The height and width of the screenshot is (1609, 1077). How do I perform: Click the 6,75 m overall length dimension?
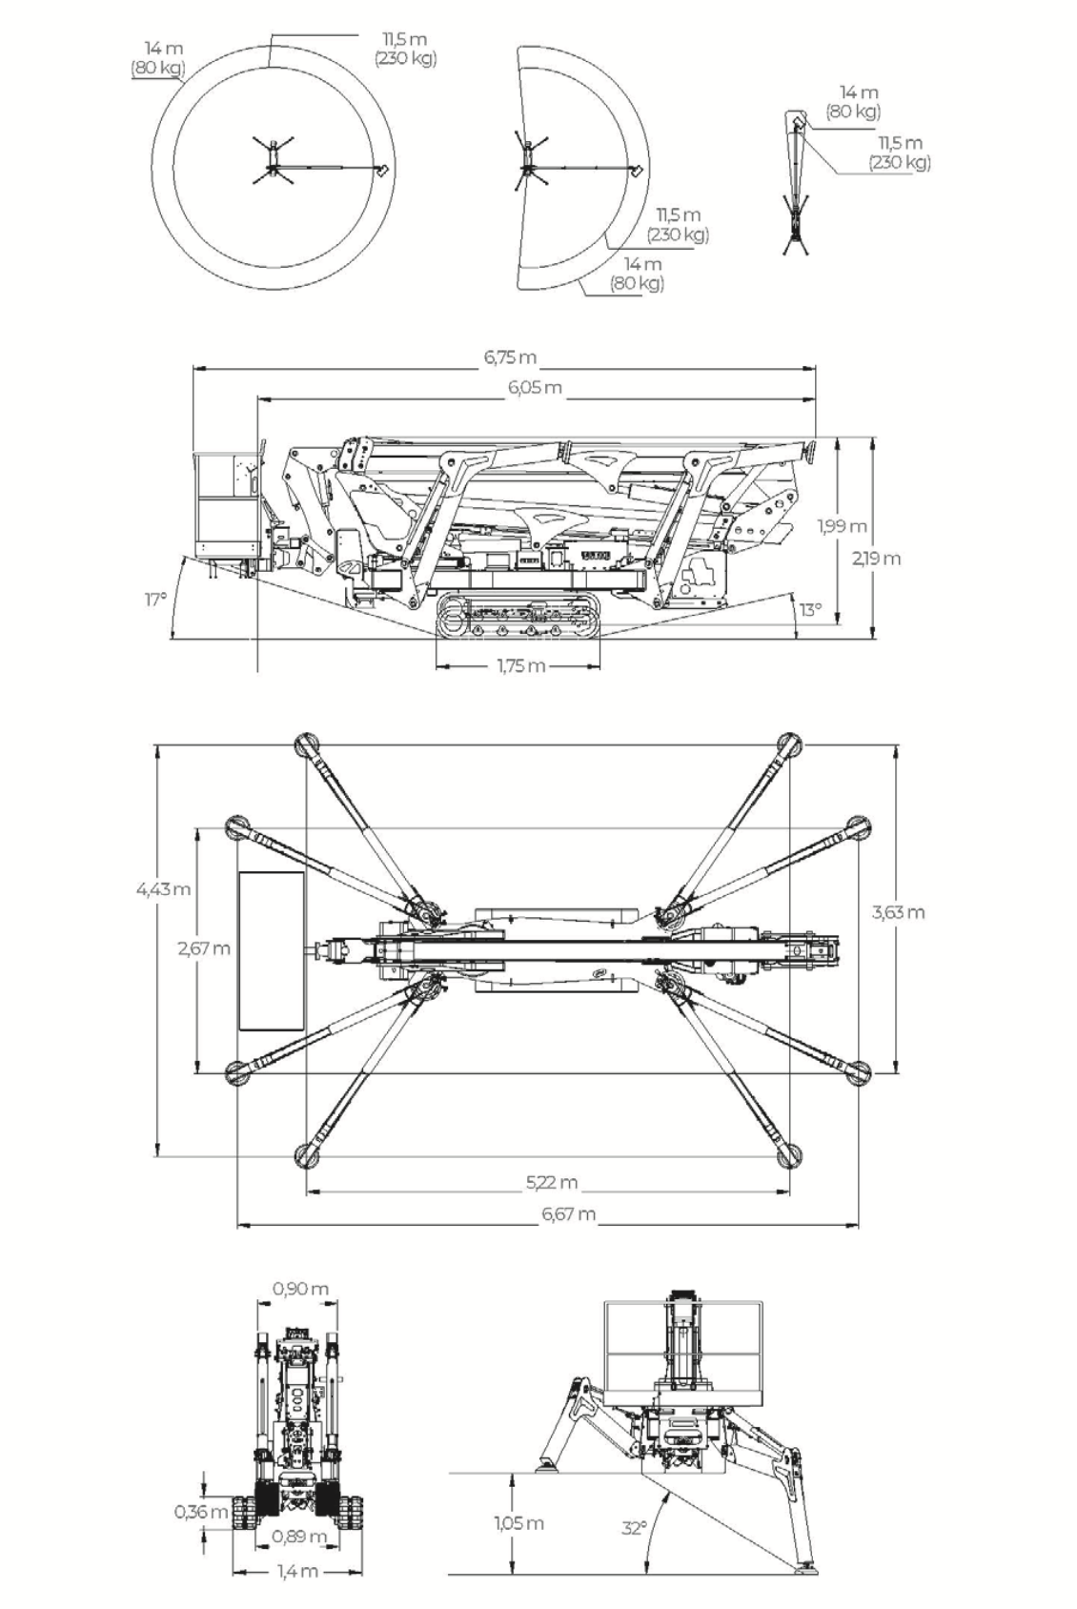(x=510, y=357)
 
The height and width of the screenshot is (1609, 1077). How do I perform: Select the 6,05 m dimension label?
(x=535, y=388)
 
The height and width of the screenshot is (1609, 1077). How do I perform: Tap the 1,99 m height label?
(x=843, y=526)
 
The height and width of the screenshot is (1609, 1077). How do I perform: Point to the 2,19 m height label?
(x=876, y=559)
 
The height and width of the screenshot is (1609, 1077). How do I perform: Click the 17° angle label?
(x=155, y=600)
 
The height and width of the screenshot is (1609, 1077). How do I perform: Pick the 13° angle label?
(x=811, y=610)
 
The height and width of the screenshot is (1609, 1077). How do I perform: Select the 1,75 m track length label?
(x=521, y=666)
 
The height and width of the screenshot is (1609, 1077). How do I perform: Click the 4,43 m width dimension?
(x=164, y=889)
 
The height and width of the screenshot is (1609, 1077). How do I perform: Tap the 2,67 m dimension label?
(x=205, y=948)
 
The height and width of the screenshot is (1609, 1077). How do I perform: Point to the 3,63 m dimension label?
(x=898, y=912)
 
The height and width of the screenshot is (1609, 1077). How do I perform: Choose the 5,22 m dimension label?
(x=552, y=1182)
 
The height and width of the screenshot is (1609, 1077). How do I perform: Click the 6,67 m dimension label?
(x=569, y=1214)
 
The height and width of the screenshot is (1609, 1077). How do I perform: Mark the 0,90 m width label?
(x=300, y=1289)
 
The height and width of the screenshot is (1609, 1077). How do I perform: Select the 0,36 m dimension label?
(x=201, y=1512)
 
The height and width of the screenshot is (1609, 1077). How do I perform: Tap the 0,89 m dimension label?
(x=299, y=1537)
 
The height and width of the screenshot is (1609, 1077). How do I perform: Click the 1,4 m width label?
(x=297, y=1571)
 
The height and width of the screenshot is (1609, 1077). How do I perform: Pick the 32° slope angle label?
(x=634, y=1529)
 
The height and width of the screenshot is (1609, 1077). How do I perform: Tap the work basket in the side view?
(x=226, y=507)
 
